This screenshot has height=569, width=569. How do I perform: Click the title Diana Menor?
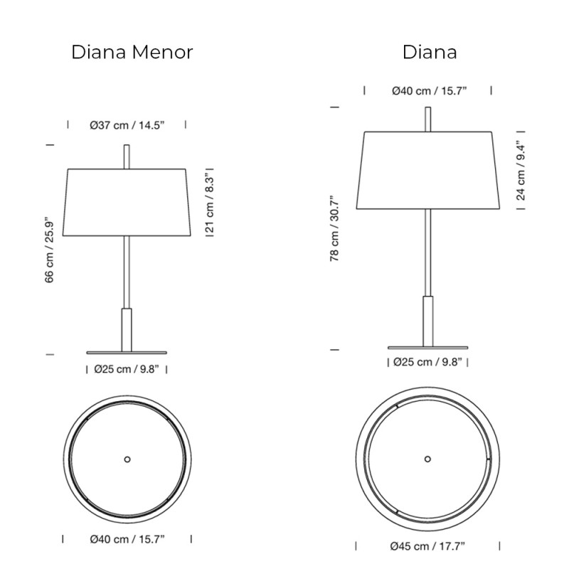[x=132, y=53]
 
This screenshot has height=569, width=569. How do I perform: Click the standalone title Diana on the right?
[x=430, y=53]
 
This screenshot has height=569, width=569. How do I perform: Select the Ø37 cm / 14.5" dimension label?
[x=127, y=125]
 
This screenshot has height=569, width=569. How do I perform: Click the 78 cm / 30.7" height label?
[x=334, y=229]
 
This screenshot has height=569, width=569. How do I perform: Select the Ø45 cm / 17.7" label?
[x=427, y=546]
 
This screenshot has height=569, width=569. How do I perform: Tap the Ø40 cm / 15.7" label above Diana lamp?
[x=429, y=91]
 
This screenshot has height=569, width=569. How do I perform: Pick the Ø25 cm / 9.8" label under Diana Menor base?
[x=126, y=369]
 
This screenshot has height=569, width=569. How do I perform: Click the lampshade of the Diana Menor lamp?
[x=127, y=203]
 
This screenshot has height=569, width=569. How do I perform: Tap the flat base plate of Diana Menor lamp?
[x=127, y=352]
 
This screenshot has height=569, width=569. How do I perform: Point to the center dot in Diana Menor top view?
[x=127, y=459]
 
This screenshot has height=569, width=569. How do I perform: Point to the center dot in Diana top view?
[x=427, y=459]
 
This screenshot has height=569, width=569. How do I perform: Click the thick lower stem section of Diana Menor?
[x=127, y=329]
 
